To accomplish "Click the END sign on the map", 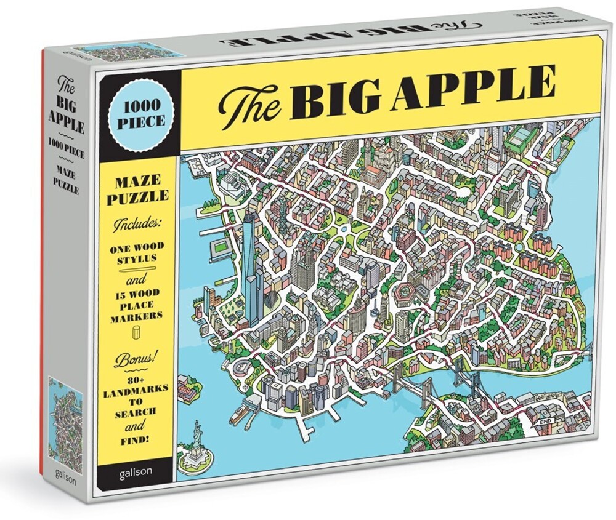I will click(544, 421).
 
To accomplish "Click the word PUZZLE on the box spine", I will click(67, 190).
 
